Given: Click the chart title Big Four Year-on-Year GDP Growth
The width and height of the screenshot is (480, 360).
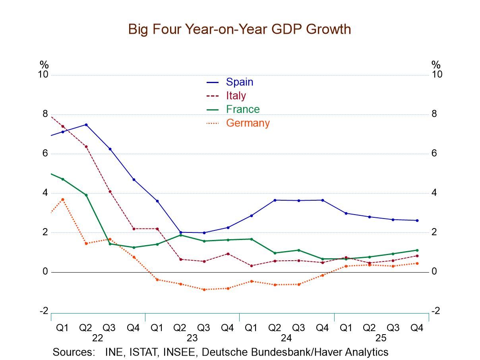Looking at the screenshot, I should coord(239,29).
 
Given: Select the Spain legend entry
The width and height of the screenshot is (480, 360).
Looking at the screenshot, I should coord(239,82).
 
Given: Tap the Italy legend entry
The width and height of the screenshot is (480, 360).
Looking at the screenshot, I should coord(236,95).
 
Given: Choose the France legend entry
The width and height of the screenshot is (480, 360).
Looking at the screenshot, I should coord(242,109).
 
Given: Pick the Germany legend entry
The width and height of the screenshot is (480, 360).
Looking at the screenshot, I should coord(248,123).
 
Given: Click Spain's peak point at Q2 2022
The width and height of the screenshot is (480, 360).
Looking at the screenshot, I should coord(86,125).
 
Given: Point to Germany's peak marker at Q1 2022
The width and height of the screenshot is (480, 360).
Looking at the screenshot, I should coord(62,199).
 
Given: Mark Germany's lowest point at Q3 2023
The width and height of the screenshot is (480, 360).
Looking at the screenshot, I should coord(204,289).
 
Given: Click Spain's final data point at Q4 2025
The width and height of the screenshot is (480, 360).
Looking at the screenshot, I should coord(417,221).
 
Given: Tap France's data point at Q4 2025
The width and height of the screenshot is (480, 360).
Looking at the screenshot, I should coord(417,250).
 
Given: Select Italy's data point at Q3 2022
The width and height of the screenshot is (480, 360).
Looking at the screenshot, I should coord(110,192).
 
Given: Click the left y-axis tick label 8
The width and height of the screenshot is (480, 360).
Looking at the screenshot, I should coord(45,114).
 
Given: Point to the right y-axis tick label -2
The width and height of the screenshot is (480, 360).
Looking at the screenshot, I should coord(435,311).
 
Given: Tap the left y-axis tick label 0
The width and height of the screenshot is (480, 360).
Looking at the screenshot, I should coord(45,272).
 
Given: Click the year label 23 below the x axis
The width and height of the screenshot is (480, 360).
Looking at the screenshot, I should coord(192,338).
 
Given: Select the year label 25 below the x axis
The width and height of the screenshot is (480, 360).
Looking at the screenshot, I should coord(381,338).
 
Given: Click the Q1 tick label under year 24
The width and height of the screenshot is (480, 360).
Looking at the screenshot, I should coord(251,328).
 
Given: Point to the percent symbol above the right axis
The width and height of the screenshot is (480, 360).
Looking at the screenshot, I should coord(436,64).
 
